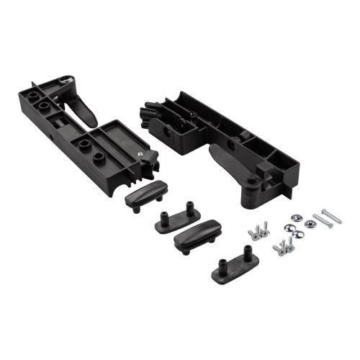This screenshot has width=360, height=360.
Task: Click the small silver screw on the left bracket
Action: click(141, 154)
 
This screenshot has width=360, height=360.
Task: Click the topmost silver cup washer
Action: click(295, 217)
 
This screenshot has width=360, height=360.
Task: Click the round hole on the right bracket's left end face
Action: click(168, 133)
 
